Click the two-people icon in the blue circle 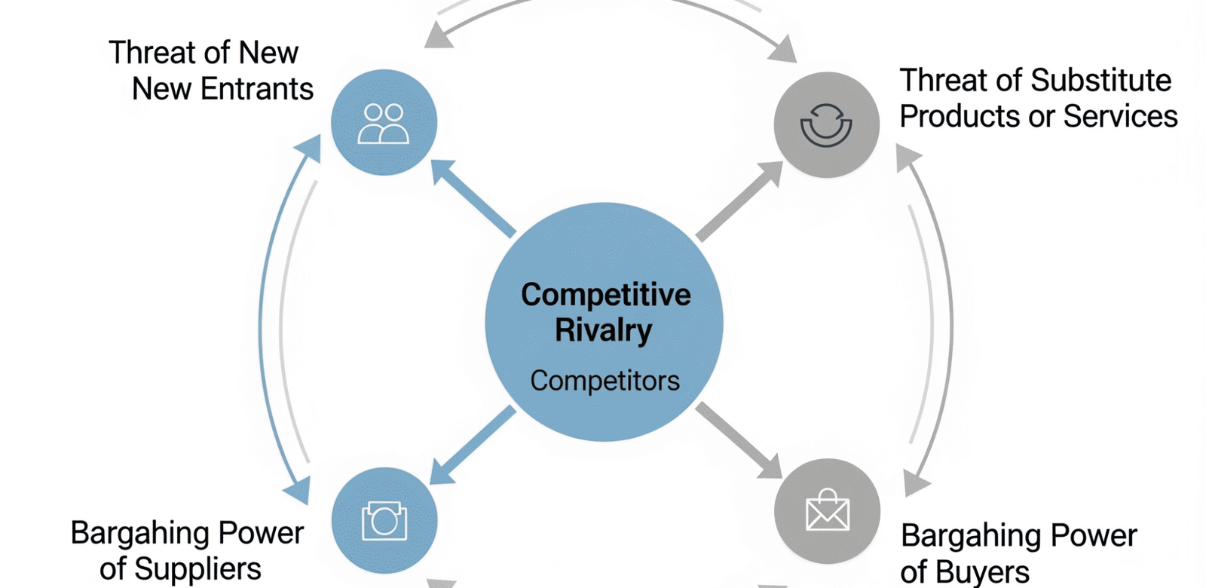pyautogui.click(x=384, y=124)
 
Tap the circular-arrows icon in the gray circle pyautogui.click(x=826, y=125)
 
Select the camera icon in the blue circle pyautogui.click(x=384, y=521)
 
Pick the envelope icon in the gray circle pyautogui.click(x=827, y=511)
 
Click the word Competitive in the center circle pyautogui.click(x=605, y=295)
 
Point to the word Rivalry pyautogui.click(x=603, y=331)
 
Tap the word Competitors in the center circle pyautogui.click(x=605, y=381)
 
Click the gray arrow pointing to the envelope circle pyautogui.click(x=739, y=440)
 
